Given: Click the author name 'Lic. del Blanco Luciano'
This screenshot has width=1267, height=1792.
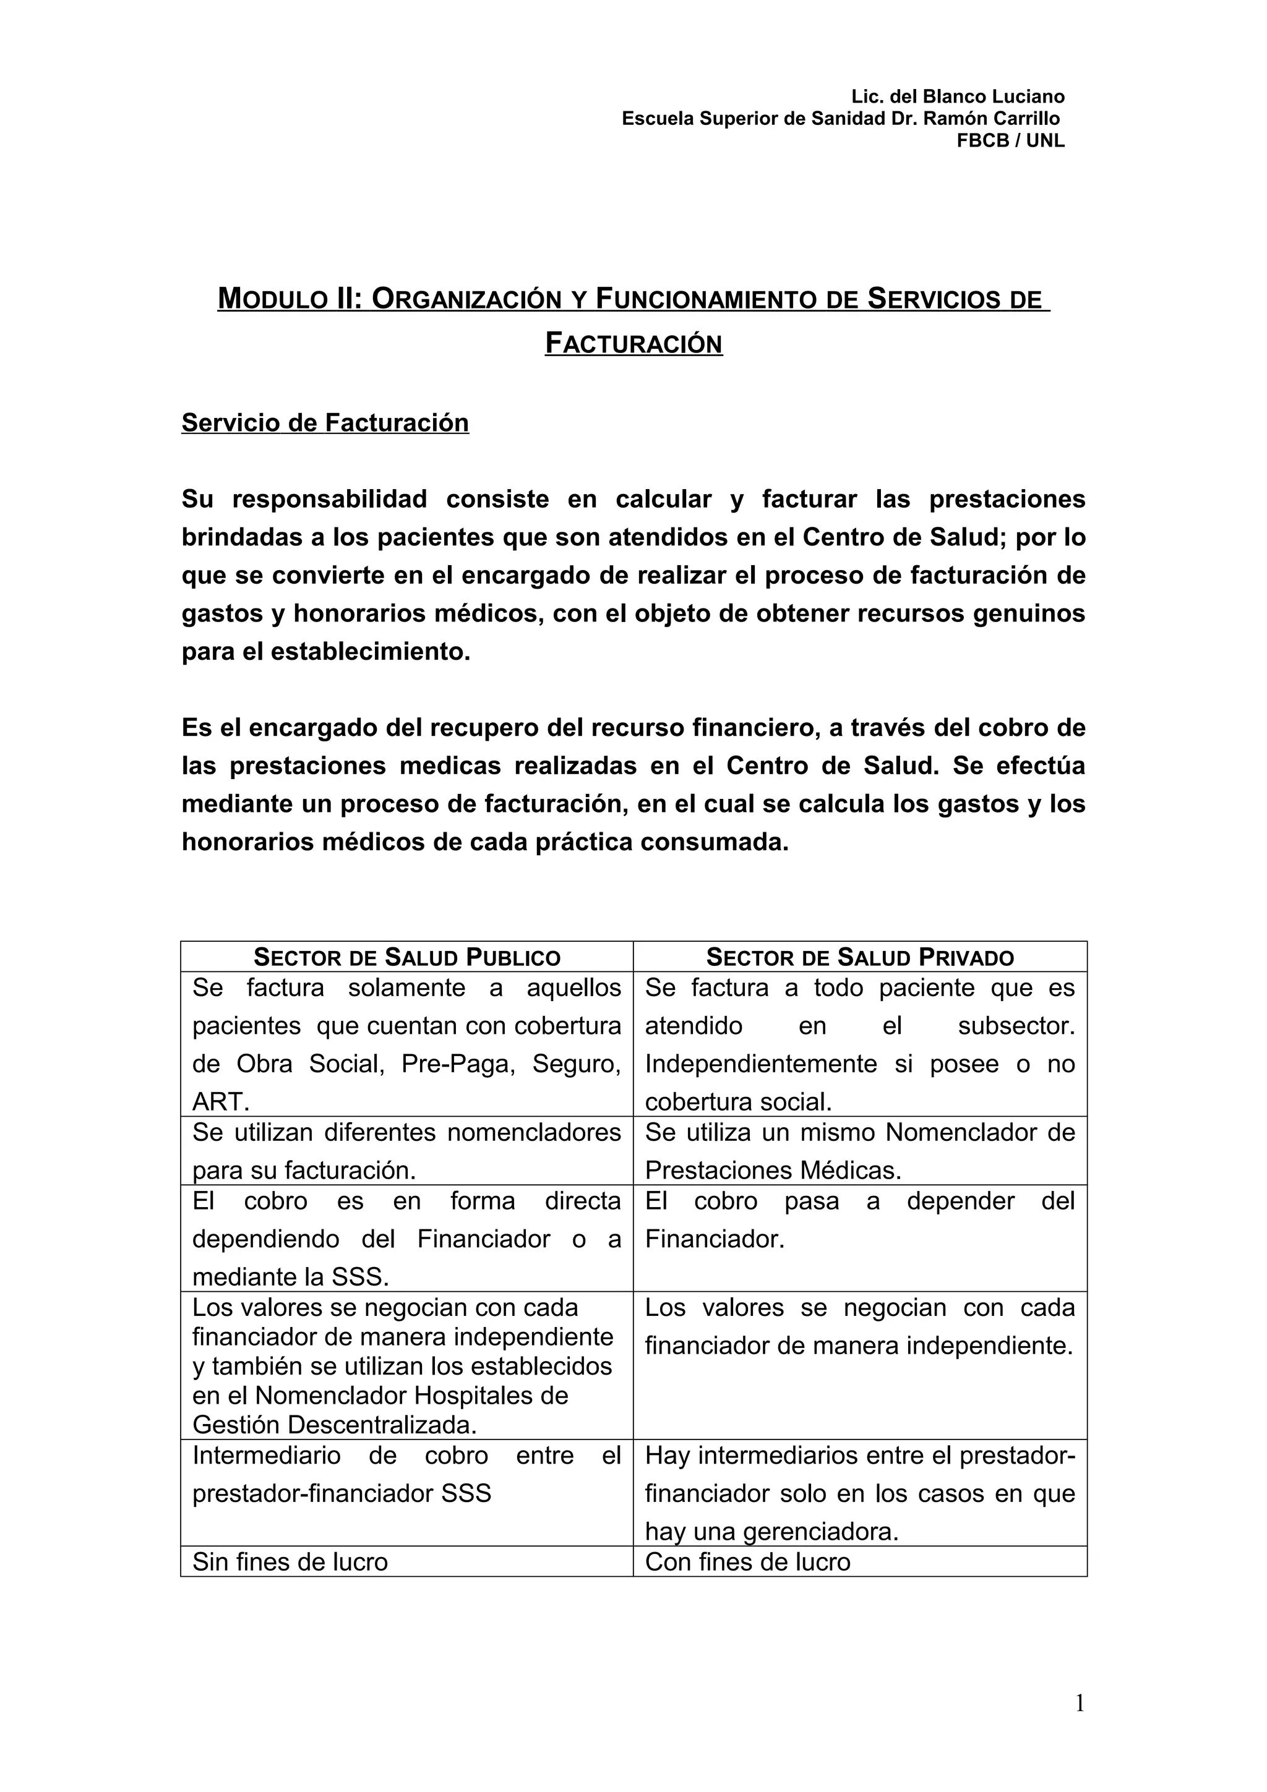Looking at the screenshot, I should point(957,97).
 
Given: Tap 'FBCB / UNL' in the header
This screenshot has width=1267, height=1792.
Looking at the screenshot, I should point(1010,140).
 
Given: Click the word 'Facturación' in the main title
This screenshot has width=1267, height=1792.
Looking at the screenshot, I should point(633,343).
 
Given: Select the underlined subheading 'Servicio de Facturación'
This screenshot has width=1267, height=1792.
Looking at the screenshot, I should point(325,422).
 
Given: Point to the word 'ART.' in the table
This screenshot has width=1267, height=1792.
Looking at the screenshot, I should point(221,1101).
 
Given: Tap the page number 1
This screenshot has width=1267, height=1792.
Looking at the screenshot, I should point(1080,1703).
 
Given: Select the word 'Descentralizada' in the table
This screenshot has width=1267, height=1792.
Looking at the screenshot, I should point(382,1425).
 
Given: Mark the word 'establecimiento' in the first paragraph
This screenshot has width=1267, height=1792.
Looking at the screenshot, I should point(370,651).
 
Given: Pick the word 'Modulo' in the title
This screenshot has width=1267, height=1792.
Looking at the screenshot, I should point(266,299).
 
